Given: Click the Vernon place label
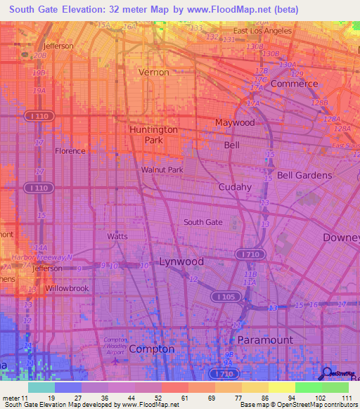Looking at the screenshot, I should (x=153, y=72).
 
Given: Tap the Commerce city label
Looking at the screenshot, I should (x=294, y=83).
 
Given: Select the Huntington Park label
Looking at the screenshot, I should (x=153, y=135).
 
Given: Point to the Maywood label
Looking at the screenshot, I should (x=235, y=122).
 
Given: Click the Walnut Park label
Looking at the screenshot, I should (x=162, y=170).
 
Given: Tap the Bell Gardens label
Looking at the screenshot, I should (x=304, y=175).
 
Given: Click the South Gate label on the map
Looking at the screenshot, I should (x=202, y=222).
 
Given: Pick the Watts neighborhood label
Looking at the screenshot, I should (x=117, y=236).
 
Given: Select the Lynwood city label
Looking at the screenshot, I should (x=181, y=261).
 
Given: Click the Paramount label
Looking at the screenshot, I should (x=264, y=339).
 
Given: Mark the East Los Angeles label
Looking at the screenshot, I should (x=262, y=31).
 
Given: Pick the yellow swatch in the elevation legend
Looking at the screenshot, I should (x=281, y=387).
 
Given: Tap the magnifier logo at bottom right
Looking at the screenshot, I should (x=327, y=373).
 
